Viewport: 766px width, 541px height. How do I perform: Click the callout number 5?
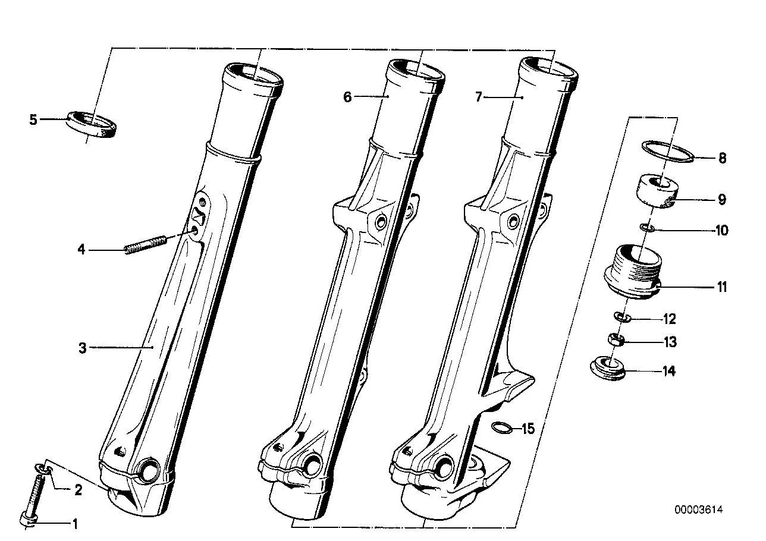(33, 119)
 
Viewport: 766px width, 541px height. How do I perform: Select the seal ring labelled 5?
(92, 125)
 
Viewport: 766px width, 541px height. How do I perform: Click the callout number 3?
(83, 348)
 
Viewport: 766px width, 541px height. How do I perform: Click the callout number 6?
(347, 97)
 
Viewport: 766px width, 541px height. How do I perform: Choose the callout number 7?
(479, 97)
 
